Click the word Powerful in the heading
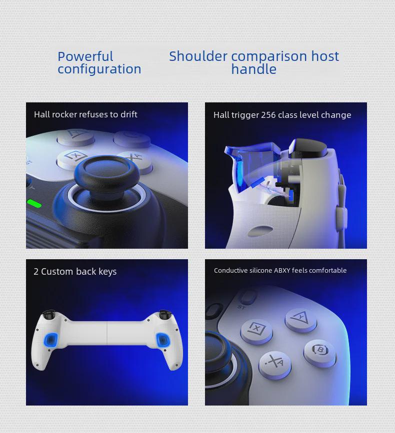[85, 56]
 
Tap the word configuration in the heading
[99, 69]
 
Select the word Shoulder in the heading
[198, 56]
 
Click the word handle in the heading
[253, 69]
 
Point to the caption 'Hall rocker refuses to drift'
[85, 114]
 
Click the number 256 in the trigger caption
[268, 115]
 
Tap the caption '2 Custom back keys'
[75, 272]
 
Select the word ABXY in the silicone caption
[282, 271]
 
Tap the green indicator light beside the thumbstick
[34, 203]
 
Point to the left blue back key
[51, 341]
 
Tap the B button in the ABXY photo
[319, 351]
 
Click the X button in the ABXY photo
[256, 330]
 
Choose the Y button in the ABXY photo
[301, 318]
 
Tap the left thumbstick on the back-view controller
[48, 316]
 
